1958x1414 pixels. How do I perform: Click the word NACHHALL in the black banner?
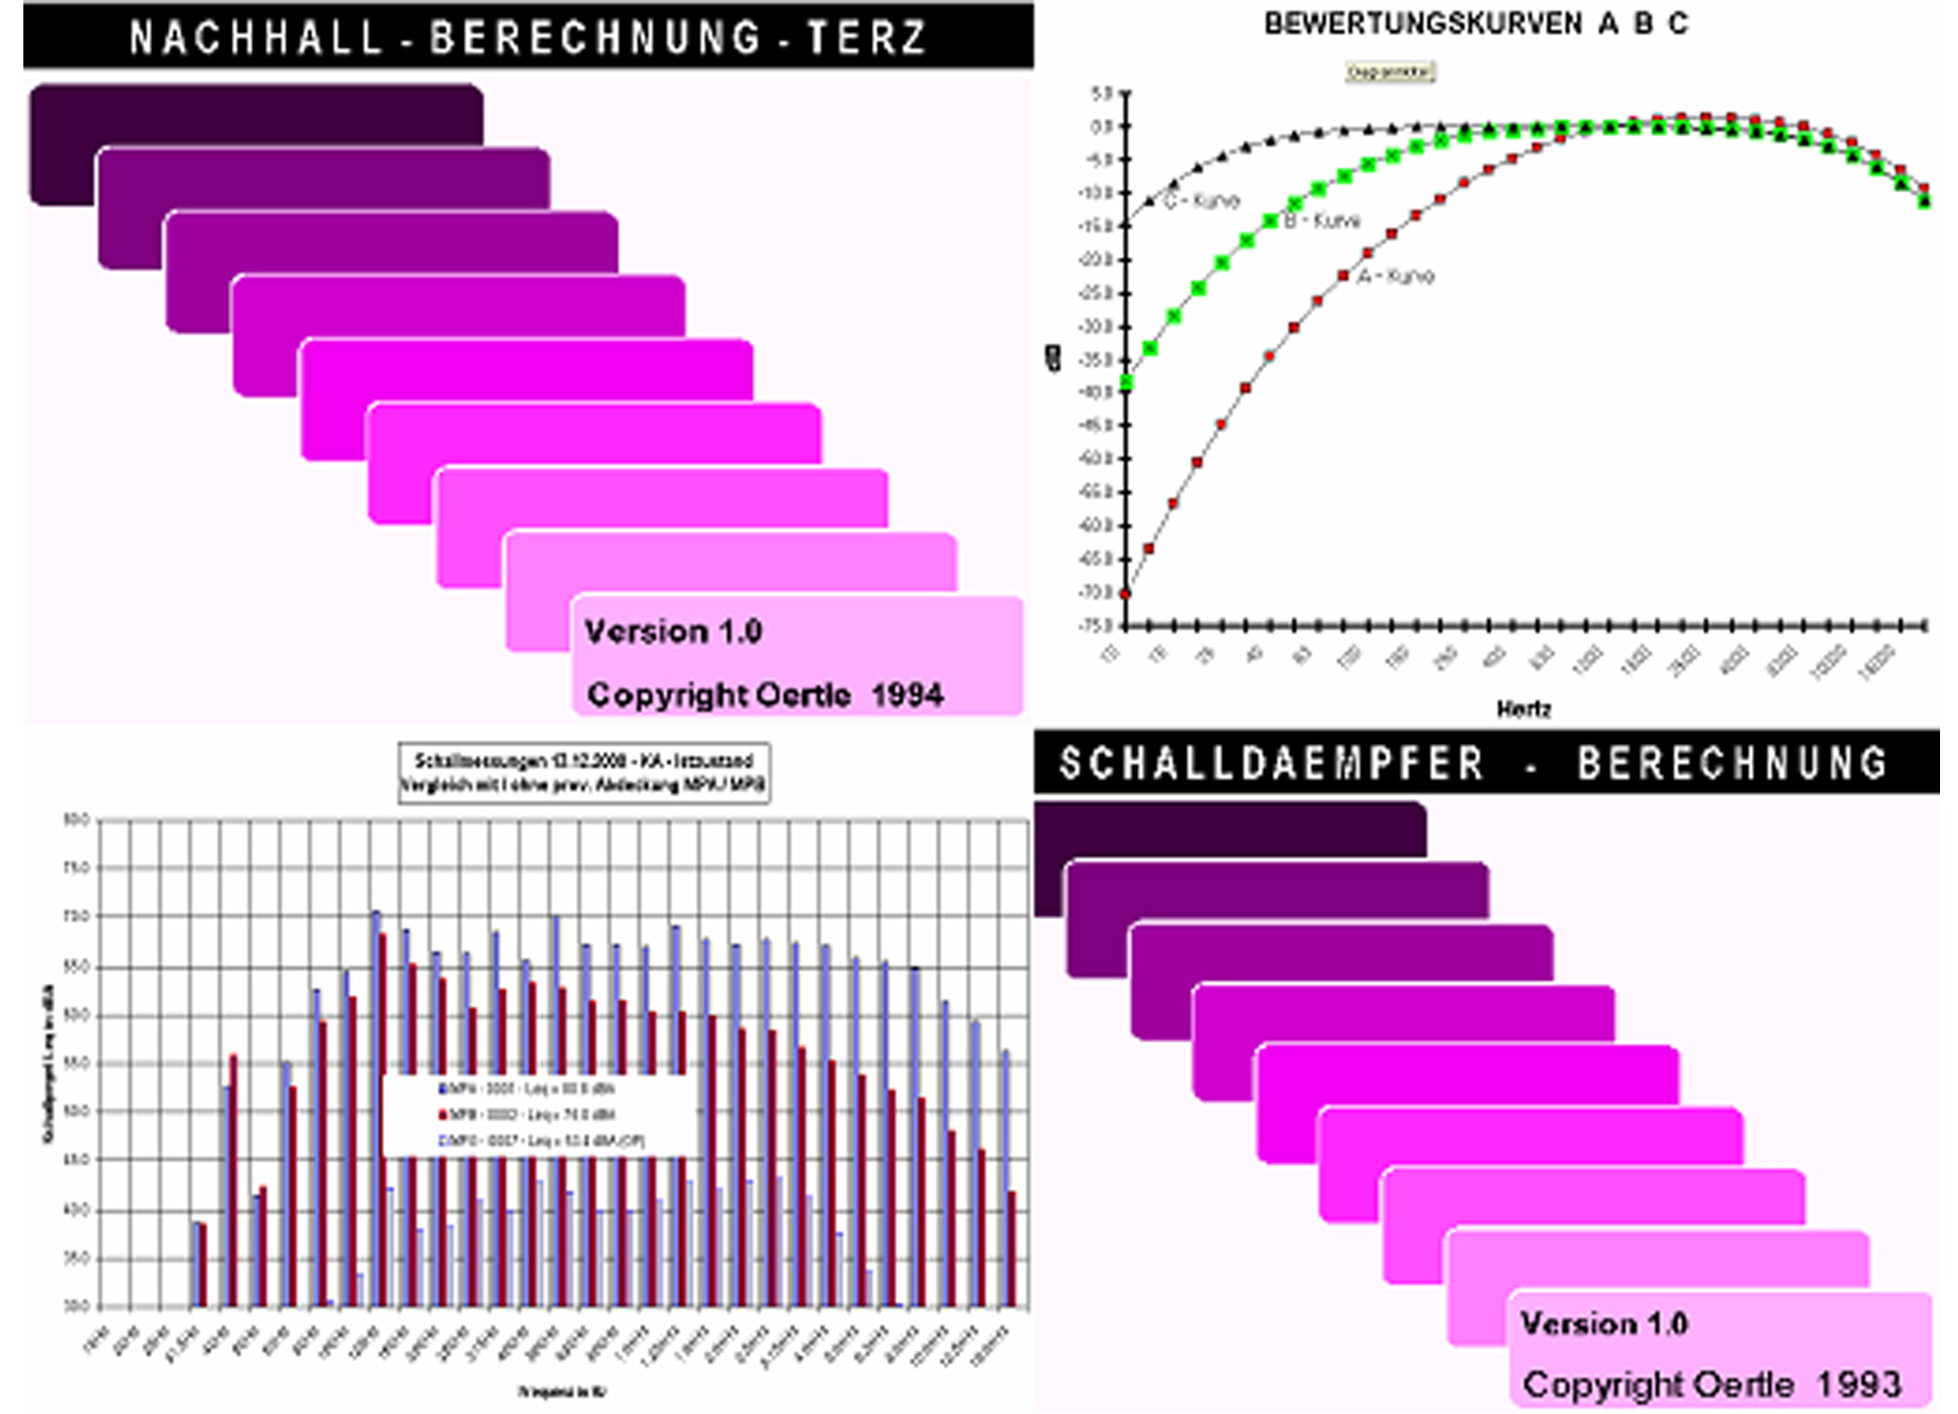point(256,38)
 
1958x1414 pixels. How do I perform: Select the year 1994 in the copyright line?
point(907,694)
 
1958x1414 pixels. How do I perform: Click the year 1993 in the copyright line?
point(1859,1384)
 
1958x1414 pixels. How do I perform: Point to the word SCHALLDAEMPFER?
point(1271,764)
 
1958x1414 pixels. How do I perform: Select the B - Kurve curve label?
point(1322,221)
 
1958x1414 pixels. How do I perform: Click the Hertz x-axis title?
point(1523,709)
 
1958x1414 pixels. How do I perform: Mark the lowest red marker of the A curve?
point(1126,594)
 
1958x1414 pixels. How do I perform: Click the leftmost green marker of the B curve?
point(1126,384)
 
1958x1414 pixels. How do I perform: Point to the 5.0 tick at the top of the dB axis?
point(1102,93)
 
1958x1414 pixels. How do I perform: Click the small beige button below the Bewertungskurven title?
point(1389,72)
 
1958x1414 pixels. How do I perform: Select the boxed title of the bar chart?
point(584,773)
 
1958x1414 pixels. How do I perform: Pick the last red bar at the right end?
point(1012,1249)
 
